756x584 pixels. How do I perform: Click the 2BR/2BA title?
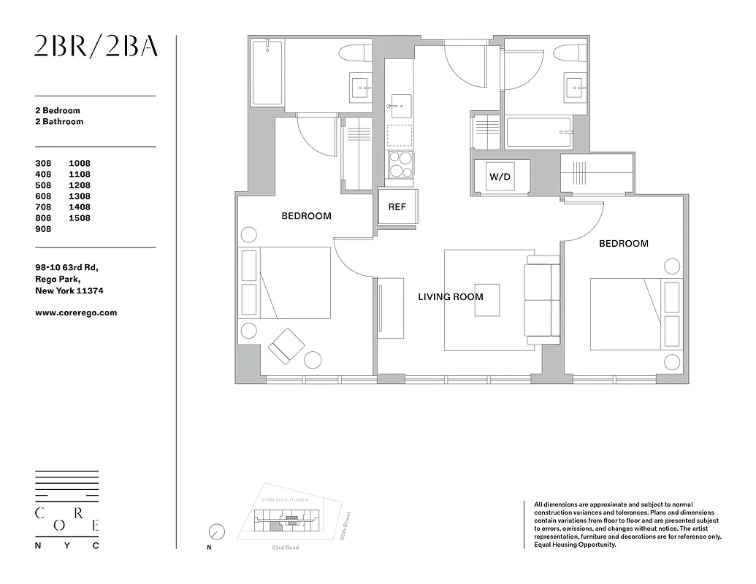click(x=96, y=46)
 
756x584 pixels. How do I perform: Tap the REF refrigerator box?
click(x=397, y=207)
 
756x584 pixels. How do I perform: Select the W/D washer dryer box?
click(x=500, y=177)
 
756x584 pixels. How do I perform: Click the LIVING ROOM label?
click(x=450, y=297)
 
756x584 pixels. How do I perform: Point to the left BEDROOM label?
click(x=306, y=216)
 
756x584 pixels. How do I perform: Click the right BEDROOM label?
click(x=623, y=244)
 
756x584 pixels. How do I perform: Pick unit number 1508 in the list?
click(x=80, y=218)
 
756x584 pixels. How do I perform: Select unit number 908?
click(x=44, y=229)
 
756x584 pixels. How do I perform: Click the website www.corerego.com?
click(x=76, y=313)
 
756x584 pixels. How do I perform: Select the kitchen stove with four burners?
click(x=400, y=165)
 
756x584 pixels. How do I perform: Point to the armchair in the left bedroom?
click(x=286, y=346)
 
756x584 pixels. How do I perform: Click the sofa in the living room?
click(x=542, y=300)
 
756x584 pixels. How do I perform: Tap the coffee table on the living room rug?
click(x=487, y=299)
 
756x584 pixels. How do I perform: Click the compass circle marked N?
click(x=216, y=531)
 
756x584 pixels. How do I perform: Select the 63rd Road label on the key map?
click(x=285, y=547)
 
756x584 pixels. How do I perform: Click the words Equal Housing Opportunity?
click(x=575, y=545)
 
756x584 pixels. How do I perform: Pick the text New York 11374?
click(x=69, y=291)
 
